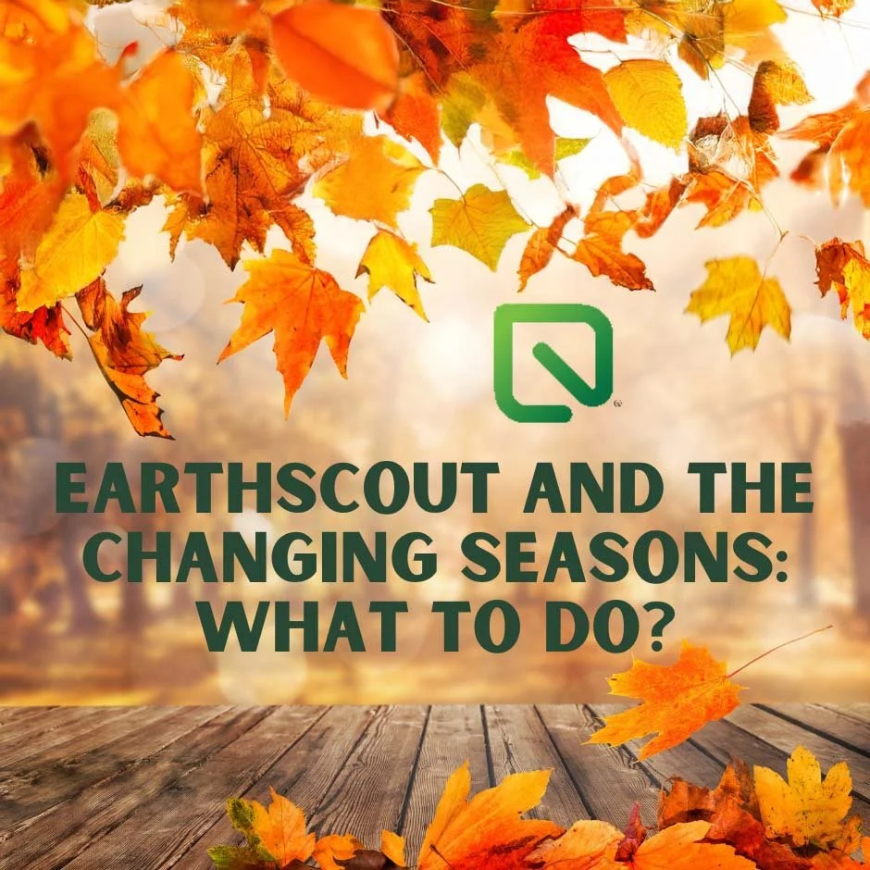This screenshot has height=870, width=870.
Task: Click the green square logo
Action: click(x=553, y=363)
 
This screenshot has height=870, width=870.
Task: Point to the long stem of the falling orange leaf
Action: click(x=779, y=652)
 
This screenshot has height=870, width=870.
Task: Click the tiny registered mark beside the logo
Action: click(x=617, y=404)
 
